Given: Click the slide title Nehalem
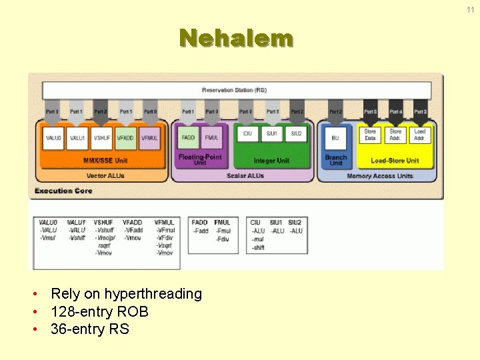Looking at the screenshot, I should click(x=236, y=38).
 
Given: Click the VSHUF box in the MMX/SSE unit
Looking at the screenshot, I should click(x=102, y=137).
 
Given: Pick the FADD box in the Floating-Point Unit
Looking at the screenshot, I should click(x=188, y=137).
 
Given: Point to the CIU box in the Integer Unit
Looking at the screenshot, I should click(x=247, y=133).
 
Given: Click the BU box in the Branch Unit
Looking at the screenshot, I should click(x=335, y=137).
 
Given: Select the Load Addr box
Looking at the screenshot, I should click(x=420, y=135).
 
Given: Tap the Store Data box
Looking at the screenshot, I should click(x=370, y=135).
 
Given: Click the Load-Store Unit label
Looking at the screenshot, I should click(x=395, y=161).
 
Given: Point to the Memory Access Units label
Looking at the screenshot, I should click(x=380, y=176).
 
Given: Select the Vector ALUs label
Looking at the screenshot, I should click(x=105, y=176).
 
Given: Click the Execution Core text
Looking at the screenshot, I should click(x=63, y=191).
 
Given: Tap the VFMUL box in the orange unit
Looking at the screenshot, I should click(x=149, y=137).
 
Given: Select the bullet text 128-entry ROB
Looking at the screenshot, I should click(x=99, y=311).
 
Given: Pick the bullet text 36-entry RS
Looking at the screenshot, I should click(x=90, y=329).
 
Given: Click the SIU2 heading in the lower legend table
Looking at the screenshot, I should click(x=295, y=222).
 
